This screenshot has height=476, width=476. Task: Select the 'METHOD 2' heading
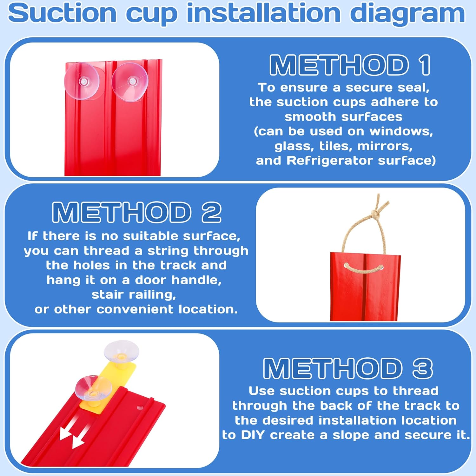137,212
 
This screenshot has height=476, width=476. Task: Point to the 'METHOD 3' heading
348,368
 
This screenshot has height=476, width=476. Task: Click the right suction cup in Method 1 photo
130,82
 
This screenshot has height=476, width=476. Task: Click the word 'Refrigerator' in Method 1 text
330,161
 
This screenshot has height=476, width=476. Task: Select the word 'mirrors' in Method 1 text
385,146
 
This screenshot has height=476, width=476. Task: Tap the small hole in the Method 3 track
140,407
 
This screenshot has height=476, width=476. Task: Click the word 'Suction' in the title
62,14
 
